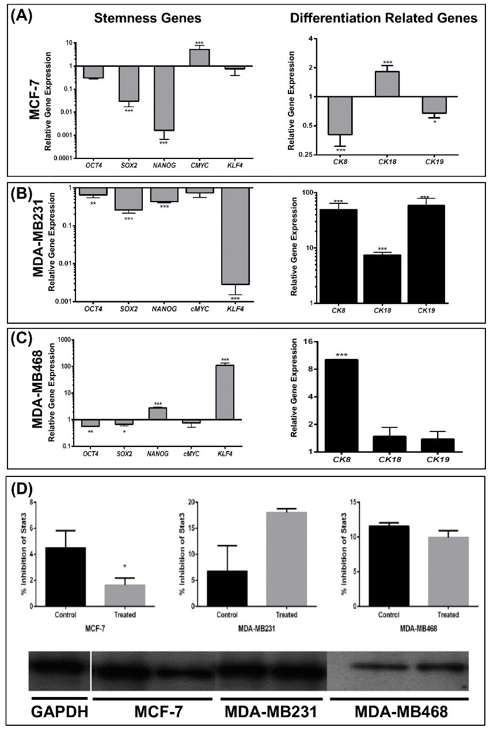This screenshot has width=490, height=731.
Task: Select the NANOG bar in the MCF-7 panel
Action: (164, 98)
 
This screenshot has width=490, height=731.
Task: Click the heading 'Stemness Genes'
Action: (148, 18)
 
